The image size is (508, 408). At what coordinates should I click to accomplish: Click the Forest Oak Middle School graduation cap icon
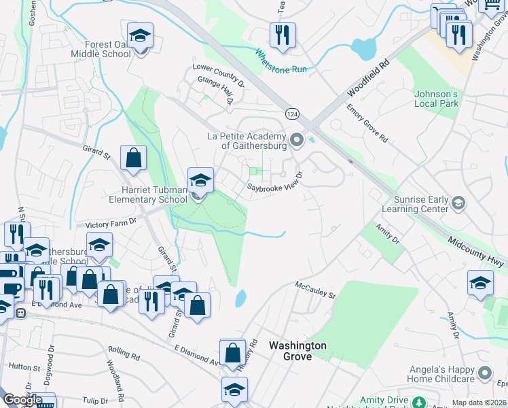[141, 35]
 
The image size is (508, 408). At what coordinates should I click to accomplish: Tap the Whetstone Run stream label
[281, 61]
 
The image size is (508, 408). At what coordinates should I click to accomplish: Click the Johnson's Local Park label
[437, 99]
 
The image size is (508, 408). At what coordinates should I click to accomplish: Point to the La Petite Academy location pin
[296, 141]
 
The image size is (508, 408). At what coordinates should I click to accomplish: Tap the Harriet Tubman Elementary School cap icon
[200, 181]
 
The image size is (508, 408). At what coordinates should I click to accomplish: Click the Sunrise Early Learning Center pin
[458, 202]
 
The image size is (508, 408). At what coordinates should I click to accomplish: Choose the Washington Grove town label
[297, 351]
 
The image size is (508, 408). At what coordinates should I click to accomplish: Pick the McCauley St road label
[315, 290]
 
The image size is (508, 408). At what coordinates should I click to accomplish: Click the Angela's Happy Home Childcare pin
[485, 373]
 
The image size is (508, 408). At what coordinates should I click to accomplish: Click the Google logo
[22, 400]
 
